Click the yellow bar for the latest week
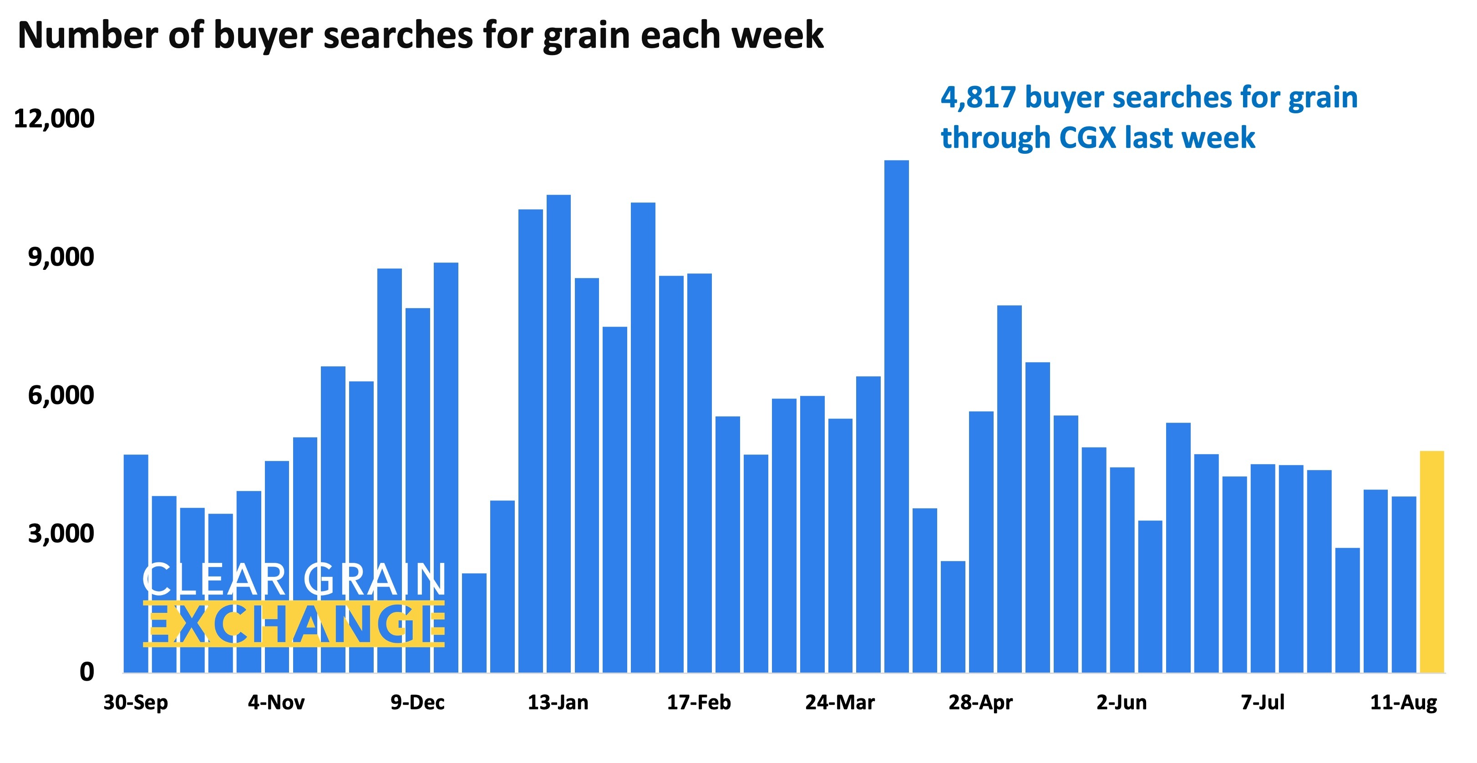coord(1431,562)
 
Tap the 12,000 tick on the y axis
coord(54,119)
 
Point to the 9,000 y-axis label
coord(61,257)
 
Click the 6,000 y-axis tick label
coord(61,395)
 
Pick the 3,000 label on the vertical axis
coord(61,533)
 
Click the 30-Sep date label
coord(136,702)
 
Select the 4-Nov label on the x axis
coord(276,702)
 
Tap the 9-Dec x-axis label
coord(417,702)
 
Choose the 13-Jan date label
coord(558,702)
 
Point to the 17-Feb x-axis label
coord(699,702)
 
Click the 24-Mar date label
coord(840,702)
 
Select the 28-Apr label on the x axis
coord(980,702)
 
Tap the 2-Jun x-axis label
coord(1122,702)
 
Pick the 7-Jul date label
coord(1263,702)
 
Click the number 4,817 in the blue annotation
coord(978,97)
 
